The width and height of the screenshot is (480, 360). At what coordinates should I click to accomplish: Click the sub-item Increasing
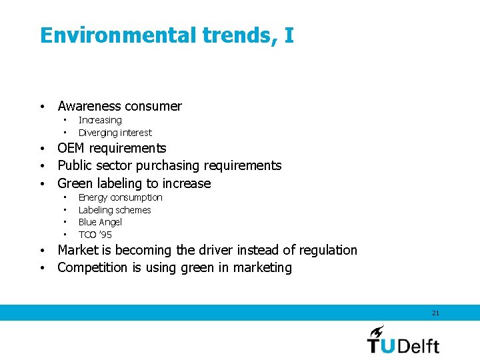(x=100, y=120)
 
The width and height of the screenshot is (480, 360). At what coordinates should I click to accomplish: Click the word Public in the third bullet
(x=74, y=165)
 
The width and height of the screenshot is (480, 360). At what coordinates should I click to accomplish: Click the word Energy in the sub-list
(x=92, y=197)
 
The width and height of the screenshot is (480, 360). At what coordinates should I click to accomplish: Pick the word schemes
(x=135, y=210)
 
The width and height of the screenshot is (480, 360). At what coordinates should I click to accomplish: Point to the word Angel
(x=111, y=222)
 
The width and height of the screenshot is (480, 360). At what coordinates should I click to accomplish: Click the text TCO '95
(x=95, y=235)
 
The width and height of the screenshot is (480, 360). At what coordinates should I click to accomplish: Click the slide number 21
(x=435, y=313)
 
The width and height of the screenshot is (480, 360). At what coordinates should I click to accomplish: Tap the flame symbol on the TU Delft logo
(x=377, y=331)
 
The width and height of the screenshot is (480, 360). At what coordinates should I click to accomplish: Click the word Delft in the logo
(x=419, y=345)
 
